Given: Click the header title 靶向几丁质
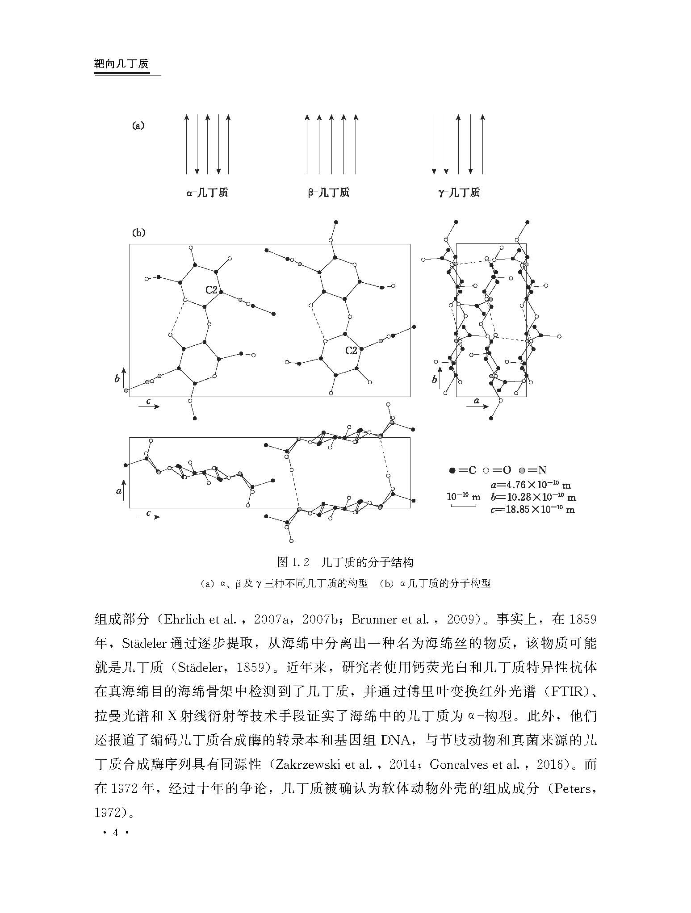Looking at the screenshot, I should pyautogui.click(x=121, y=64).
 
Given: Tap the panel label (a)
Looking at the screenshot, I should pyautogui.click(x=138, y=126).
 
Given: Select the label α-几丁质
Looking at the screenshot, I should pyautogui.click(x=207, y=193).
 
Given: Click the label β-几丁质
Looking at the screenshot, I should pyautogui.click(x=328, y=193).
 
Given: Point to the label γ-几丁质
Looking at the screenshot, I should pyautogui.click(x=459, y=193).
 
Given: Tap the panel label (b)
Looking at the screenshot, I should pyautogui.click(x=138, y=233).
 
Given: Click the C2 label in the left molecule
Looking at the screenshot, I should pyautogui.click(x=211, y=290).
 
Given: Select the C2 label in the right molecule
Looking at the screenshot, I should pyautogui.click(x=351, y=351).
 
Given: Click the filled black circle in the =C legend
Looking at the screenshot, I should pyautogui.click(x=452, y=470).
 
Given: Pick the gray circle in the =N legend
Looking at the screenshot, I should pyautogui.click(x=522, y=470).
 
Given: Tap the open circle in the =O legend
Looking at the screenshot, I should pyautogui.click(x=487, y=470).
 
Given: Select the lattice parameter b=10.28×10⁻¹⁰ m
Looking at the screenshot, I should pyautogui.click(x=532, y=497).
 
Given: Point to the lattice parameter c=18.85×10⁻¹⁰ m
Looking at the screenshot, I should pyautogui.click(x=532, y=510).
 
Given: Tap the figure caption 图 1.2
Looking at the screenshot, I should pyautogui.click(x=293, y=562).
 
